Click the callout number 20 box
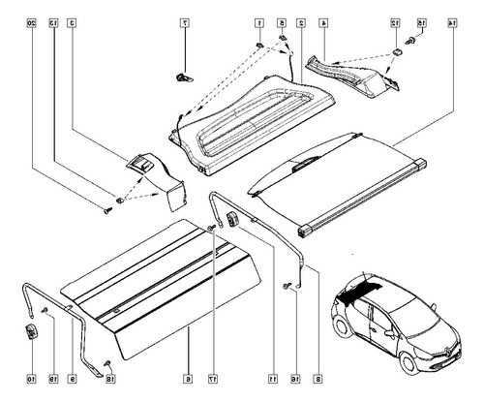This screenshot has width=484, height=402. pos(31,21)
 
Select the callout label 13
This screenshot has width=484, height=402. pos(54,21)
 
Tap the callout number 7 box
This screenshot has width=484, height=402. pos(185,21)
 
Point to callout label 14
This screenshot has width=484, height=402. pos(453,21)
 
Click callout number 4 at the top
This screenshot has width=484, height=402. pos(323,21)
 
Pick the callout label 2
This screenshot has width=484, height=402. pos(301,21)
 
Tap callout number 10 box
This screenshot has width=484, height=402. pos(31,379)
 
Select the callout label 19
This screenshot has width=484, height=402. pos(54,379)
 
